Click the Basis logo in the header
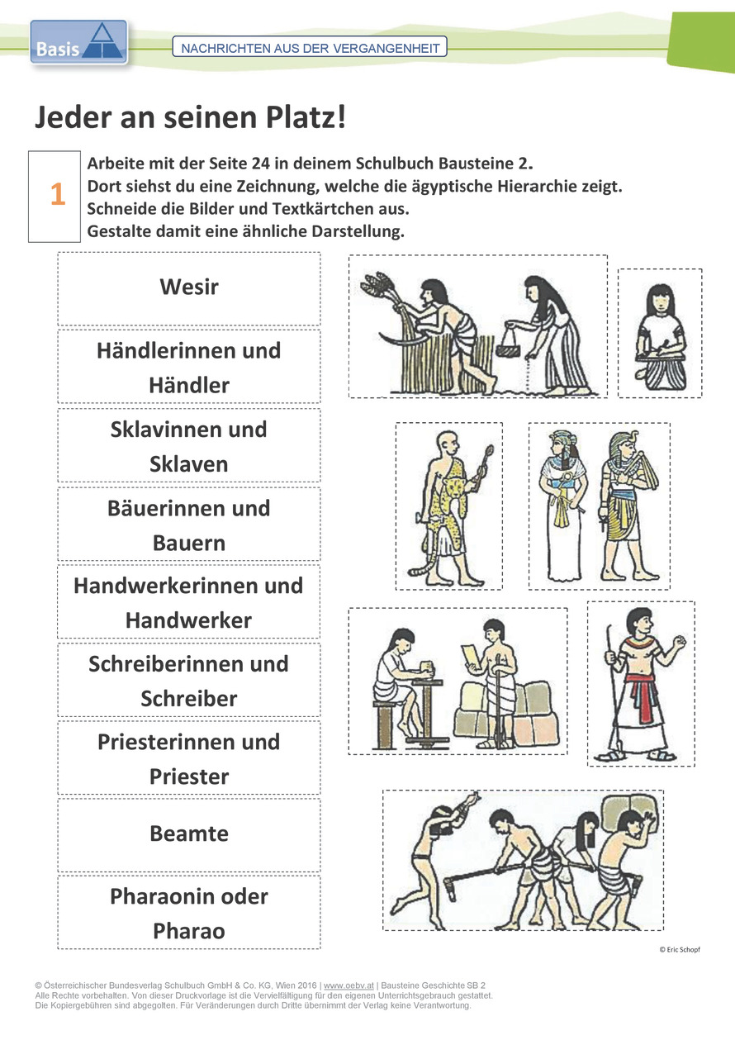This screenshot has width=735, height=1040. pyautogui.click(x=78, y=42)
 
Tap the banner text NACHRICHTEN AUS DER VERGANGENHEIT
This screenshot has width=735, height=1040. pyautogui.click(x=310, y=48)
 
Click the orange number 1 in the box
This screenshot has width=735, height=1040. pyautogui.click(x=58, y=193)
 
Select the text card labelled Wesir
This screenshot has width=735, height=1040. pyautogui.click(x=189, y=288)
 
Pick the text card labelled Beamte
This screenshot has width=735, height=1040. pyautogui.click(x=189, y=834)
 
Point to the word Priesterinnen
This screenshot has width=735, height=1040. pyautogui.click(x=164, y=742)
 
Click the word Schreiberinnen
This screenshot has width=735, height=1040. pyautogui.click(x=163, y=664)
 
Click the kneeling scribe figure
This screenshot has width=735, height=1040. pyautogui.click(x=661, y=338)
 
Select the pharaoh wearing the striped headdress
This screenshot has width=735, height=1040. pyautogui.click(x=628, y=506)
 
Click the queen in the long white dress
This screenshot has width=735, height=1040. pyautogui.click(x=562, y=506)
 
